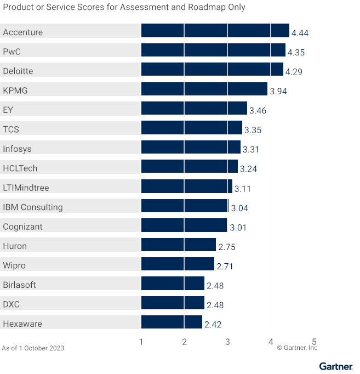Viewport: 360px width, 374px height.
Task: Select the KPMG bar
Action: pos(204,89)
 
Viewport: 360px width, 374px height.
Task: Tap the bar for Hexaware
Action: pos(172,322)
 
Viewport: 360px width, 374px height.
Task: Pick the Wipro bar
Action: pos(178,264)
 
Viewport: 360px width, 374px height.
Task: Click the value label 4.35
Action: pos(296,53)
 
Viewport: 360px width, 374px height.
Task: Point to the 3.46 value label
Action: pos(258,111)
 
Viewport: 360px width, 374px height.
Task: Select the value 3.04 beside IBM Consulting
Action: pos(239,208)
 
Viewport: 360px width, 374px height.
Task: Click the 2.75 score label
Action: pos(227,247)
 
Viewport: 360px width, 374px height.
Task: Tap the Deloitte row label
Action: pos(18,71)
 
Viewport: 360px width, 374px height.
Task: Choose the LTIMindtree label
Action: pos(26,188)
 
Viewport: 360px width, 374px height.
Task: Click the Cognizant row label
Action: pos(22,226)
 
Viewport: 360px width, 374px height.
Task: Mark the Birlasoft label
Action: pos(20,285)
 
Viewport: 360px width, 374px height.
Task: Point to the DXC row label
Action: pos(12,304)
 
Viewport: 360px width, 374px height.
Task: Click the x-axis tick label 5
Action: pos(314,342)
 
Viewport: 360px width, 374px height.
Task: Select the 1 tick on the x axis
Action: pos(141,342)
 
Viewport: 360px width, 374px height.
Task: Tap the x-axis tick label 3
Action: pos(227,342)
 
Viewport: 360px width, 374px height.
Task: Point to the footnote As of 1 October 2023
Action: pos(33,348)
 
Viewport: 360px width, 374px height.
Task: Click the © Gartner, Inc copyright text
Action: pos(297,348)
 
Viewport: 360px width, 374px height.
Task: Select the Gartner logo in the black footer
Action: pos(335,366)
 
